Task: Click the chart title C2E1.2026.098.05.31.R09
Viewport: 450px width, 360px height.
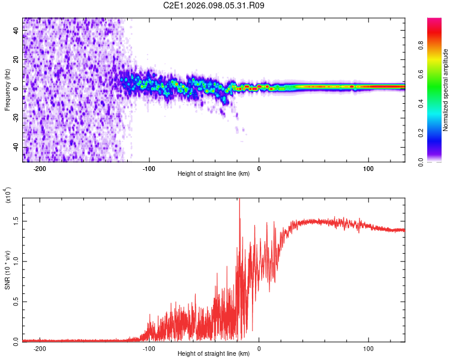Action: (x=214, y=5)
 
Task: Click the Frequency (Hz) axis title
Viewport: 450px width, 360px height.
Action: (x=7, y=89)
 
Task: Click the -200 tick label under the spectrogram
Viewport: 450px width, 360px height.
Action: (x=40, y=169)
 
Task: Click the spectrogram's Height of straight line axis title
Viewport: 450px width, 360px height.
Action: (x=214, y=174)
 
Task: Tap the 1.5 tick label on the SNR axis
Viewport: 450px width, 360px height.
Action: (x=16, y=221)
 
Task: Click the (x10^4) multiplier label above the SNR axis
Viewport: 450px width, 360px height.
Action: (x=8, y=196)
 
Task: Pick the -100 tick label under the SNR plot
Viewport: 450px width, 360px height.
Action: (x=149, y=348)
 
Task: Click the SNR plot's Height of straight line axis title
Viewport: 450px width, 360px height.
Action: (x=214, y=354)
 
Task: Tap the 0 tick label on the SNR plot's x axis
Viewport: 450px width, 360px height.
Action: (x=259, y=348)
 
